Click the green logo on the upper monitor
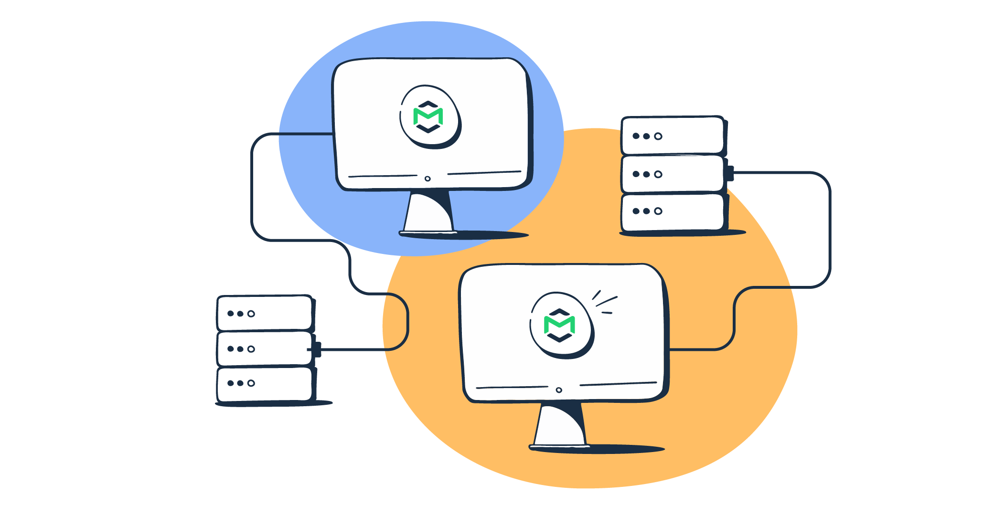coord(428,116)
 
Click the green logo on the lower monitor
coord(559,325)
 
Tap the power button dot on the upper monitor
coord(428,179)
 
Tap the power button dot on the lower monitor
coord(559,390)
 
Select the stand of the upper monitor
coord(428,212)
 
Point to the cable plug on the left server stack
coord(317,349)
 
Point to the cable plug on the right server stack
coord(730,173)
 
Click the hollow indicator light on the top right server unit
coord(658,136)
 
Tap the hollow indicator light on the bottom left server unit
coord(251,383)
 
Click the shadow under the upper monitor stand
coord(492,235)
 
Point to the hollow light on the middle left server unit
coord(251,349)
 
